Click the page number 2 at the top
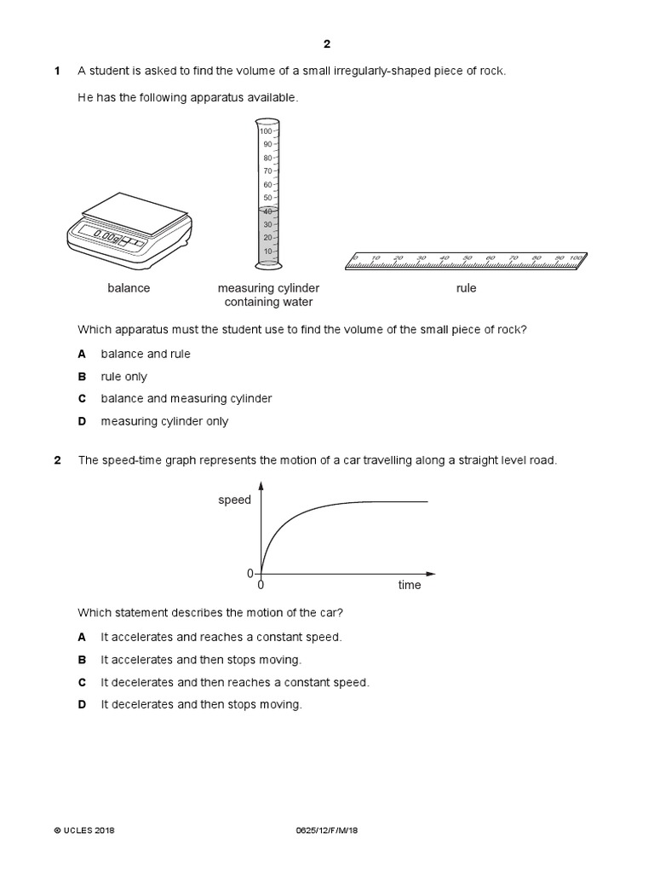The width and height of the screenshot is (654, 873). [326, 45]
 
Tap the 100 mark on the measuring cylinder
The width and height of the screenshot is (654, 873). [266, 131]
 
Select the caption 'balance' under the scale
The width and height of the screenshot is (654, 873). [129, 288]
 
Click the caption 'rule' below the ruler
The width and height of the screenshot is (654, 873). [466, 288]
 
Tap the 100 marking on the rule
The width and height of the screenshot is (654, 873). [576, 257]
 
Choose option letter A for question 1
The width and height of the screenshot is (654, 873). [82, 354]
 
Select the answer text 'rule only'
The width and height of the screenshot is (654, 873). [123, 376]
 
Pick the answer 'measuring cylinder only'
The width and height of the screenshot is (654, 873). [164, 421]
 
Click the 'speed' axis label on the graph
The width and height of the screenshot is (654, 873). [234, 500]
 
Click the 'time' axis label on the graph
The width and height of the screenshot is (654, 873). [410, 586]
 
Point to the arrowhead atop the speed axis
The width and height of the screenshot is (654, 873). [261, 485]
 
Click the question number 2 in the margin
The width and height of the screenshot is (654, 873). [57, 460]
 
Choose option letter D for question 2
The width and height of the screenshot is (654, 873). [82, 705]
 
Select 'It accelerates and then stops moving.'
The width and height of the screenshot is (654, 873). [201, 660]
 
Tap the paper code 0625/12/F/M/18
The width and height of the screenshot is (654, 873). [326, 830]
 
